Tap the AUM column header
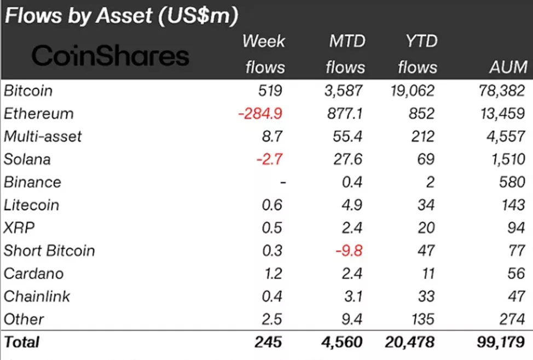click(x=509, y=67)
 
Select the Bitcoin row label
click(x=28, y=91)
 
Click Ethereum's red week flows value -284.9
click(x=260, y=114)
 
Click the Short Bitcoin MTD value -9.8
click(x=348, y=251)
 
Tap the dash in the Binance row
click(x=282, y=182)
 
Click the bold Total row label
click(x=22, y=342)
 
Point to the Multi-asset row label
click(x=43, y=136)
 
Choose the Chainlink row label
click(x=37, y=297)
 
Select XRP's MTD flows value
click(x=352, y=228)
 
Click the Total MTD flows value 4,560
click(x=341, y=342)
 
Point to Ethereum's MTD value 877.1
click(x=345, y=114)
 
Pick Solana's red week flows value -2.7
click(x=268, y=159)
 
